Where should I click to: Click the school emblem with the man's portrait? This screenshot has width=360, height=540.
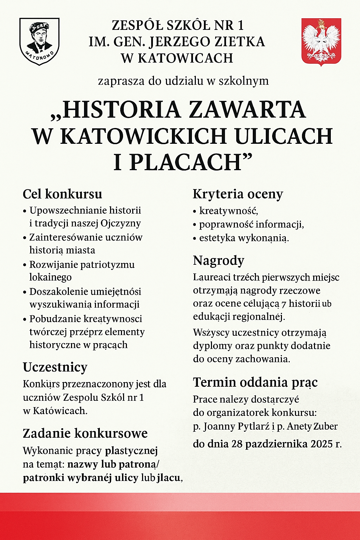click(39, 41)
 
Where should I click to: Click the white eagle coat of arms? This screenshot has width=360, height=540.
click(321, 41)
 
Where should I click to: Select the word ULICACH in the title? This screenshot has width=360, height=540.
click(283, 136)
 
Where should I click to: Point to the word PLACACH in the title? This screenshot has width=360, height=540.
click(186, 162)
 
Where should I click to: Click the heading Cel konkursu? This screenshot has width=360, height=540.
click(63, 194)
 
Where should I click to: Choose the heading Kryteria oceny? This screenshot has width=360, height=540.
click(238, 194)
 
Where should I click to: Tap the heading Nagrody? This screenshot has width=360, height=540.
click(218, 261)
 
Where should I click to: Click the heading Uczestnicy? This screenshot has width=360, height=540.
click(55, 367)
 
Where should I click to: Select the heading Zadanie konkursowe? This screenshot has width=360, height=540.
click(85, 433)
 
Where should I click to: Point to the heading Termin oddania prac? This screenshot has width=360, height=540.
click(255, 382)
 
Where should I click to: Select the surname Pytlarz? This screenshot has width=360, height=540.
click(253, 426)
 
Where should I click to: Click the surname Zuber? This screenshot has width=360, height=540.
click(325, 426)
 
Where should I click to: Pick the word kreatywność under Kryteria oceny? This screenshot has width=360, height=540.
click(229, 211)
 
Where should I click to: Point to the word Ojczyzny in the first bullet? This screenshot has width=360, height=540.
click(121, 224)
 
